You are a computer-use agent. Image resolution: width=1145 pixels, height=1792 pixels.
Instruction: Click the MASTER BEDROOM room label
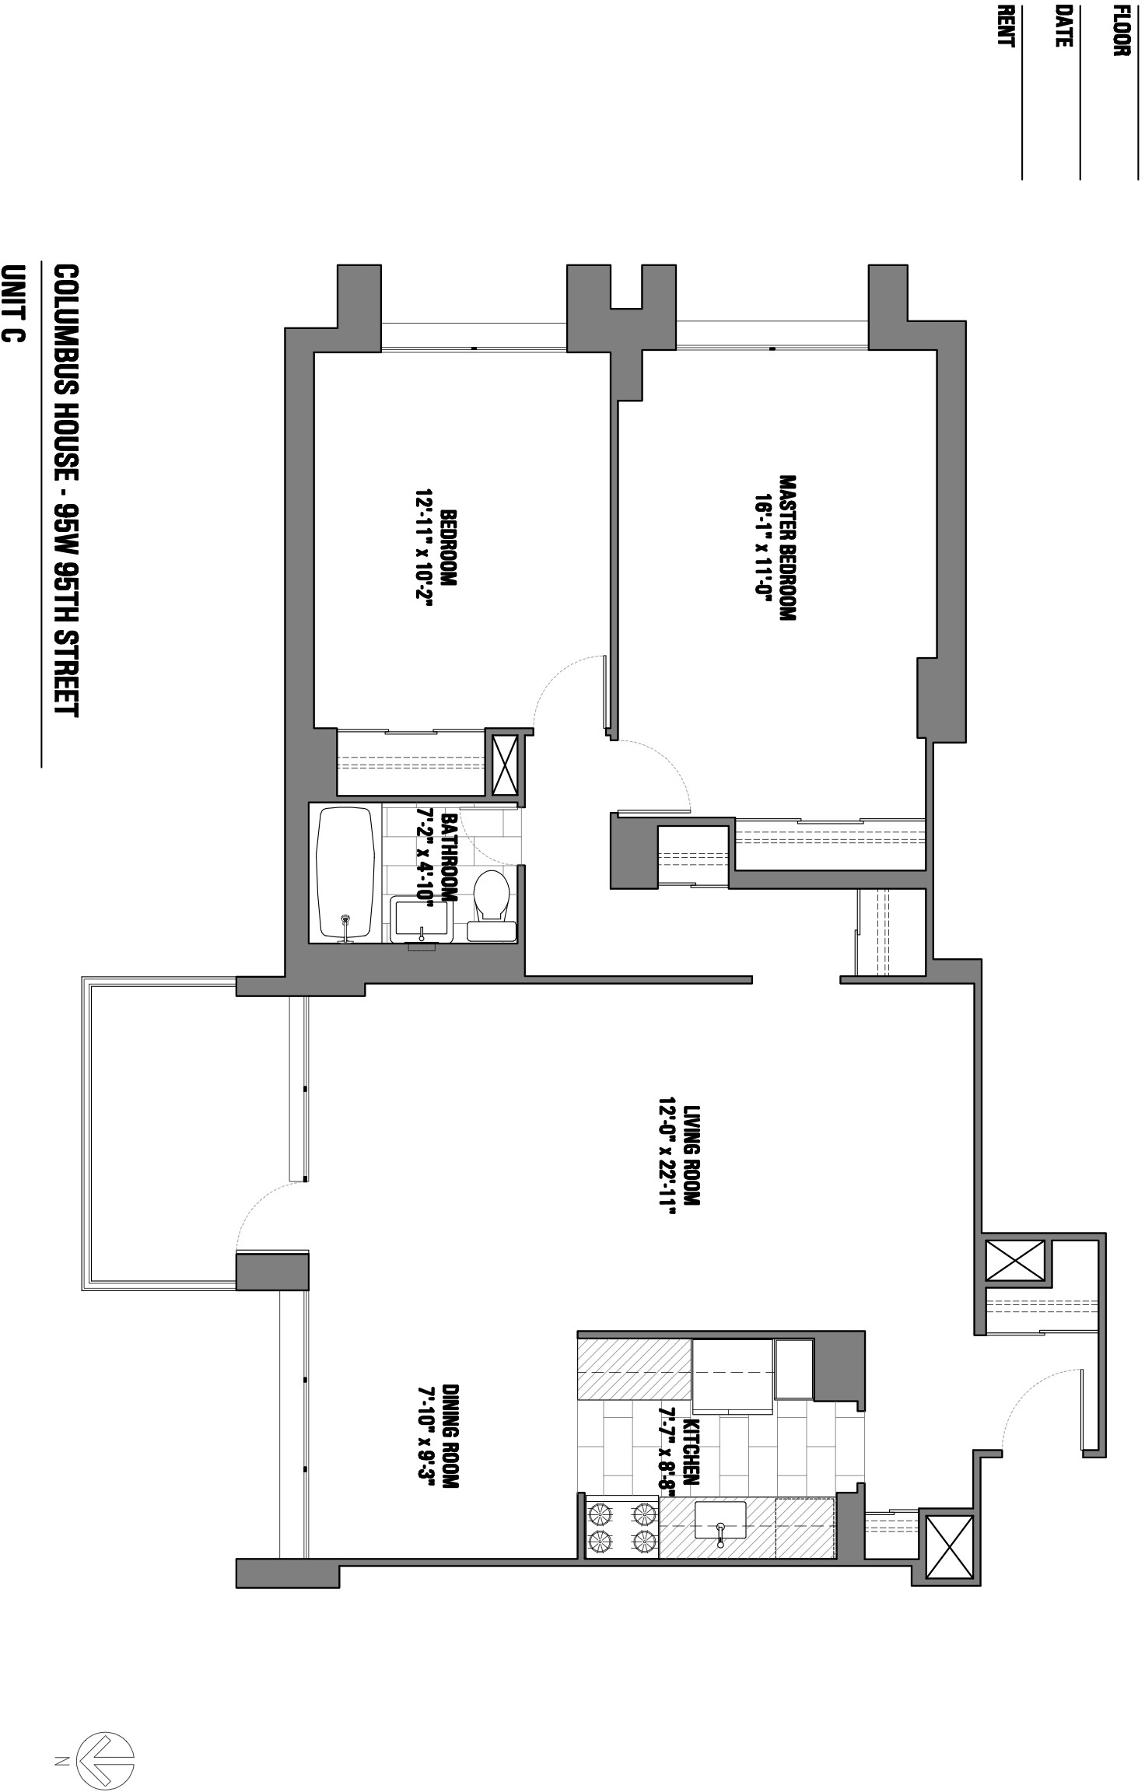pos(787,548)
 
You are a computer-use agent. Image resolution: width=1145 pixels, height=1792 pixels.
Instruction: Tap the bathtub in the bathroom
pos(345,873)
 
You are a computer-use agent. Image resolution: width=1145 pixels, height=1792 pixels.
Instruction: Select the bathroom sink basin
pos(422,918)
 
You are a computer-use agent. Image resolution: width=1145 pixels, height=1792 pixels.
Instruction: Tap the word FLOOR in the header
pos(1121,31)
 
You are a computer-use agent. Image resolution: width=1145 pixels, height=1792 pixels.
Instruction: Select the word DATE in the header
pos(1063,26)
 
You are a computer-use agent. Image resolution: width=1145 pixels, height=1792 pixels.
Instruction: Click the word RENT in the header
pos(1006,26)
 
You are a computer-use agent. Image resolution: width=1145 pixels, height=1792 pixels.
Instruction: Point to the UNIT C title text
pos(15,303)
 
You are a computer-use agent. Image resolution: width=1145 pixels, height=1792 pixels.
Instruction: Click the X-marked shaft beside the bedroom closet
pos(506,765)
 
